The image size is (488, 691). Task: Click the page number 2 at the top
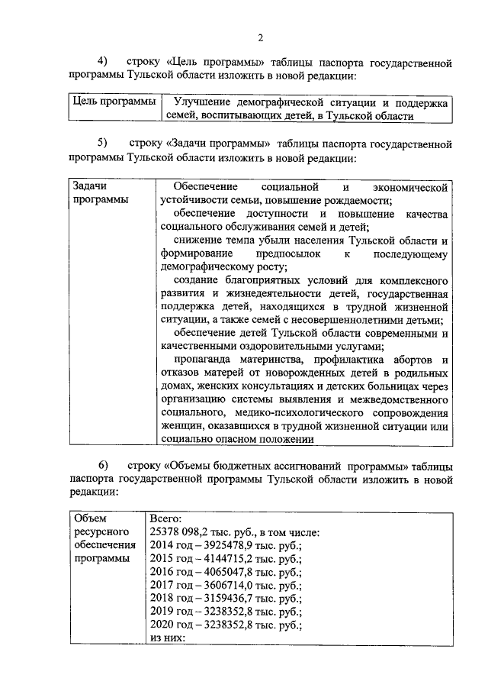point(260,38)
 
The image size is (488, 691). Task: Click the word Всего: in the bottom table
point(166,518)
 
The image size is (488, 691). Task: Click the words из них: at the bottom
point(168,638)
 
